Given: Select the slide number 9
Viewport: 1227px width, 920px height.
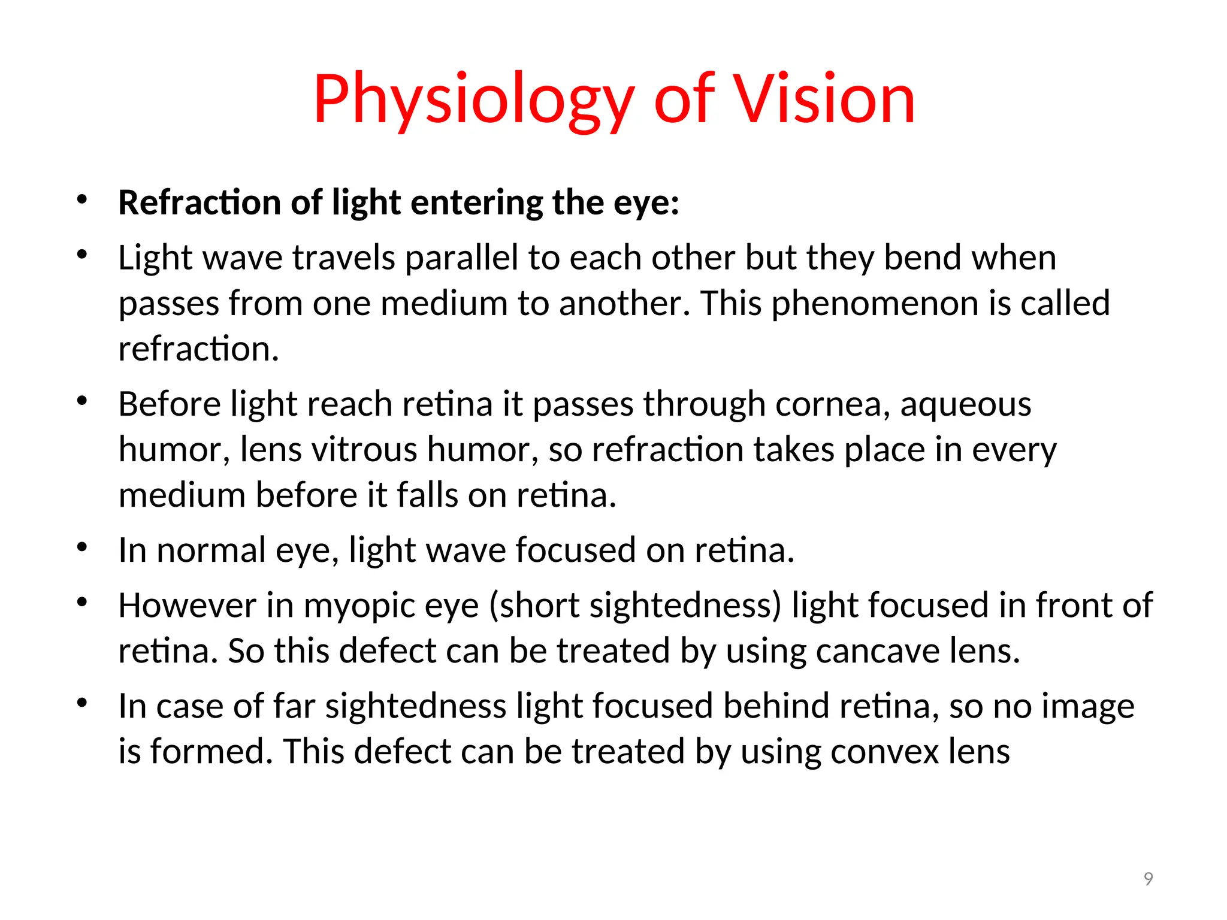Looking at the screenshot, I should [x=1148, y=879].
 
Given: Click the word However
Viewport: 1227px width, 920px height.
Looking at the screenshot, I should [x=187, y=606].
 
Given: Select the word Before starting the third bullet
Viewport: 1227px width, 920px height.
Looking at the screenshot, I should [x=170, y=404].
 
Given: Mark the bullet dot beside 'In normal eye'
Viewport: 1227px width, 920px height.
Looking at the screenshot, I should [x=83, y=547].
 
